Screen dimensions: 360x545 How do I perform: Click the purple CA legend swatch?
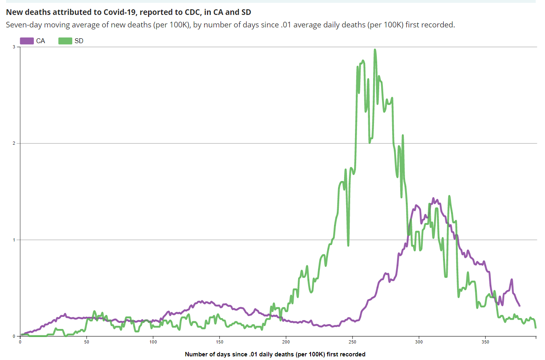tap(27, 41)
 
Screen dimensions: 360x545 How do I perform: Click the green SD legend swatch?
tap(65, 41)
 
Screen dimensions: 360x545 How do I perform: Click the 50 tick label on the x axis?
tap(87, 341)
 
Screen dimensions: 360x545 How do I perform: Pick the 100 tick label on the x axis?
tap(153, 341)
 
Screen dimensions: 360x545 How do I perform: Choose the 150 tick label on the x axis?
tap(219, 341)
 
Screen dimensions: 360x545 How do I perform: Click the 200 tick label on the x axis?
tap(286, 341)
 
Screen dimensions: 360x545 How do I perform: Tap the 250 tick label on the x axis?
tap(353, 341)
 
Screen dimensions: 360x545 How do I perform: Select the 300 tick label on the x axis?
tap(419, 341)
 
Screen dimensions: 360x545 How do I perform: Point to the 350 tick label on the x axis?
tap(485, 341)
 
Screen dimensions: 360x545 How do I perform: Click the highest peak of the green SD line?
tap(375, 50)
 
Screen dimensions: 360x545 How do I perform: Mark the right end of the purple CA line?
tap(519, 306)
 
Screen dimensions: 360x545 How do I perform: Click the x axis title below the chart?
tap(275, 354)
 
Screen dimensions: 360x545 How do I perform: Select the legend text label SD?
tap(79, 41)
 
